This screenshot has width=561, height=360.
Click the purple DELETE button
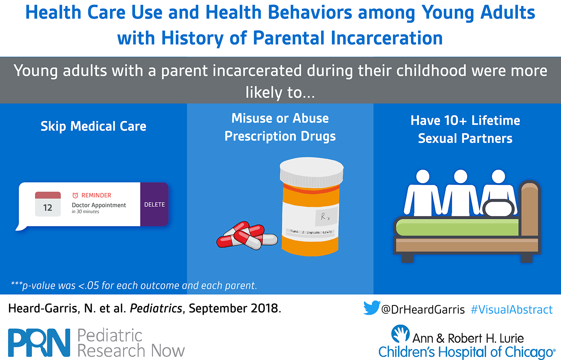pos(154,204)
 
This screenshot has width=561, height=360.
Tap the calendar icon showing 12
pos(48,204)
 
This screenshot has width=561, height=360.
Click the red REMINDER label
pos(92,195)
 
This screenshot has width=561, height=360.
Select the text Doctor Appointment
pos(99,205)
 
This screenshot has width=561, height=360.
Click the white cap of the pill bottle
pos(312,173)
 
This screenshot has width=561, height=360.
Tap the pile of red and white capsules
pos(247,235)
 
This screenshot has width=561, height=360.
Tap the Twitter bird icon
pos(372,308)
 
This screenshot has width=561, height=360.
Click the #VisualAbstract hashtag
pos(512,310)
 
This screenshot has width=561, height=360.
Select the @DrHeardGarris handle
pos(423,310)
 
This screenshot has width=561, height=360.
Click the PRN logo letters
pos(39,342)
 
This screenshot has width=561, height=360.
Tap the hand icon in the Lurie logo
pos(400,333)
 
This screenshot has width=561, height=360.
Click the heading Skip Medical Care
pos(93,126)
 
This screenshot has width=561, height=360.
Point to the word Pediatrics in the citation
pos(156,308)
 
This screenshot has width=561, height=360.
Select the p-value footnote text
pos(134,285)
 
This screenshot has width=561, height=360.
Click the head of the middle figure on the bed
pos(460,177)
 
